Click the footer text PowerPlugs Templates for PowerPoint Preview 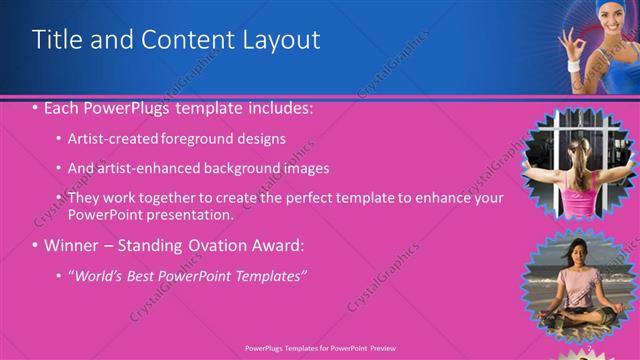coord(319,349)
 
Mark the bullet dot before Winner coord(36,245)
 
